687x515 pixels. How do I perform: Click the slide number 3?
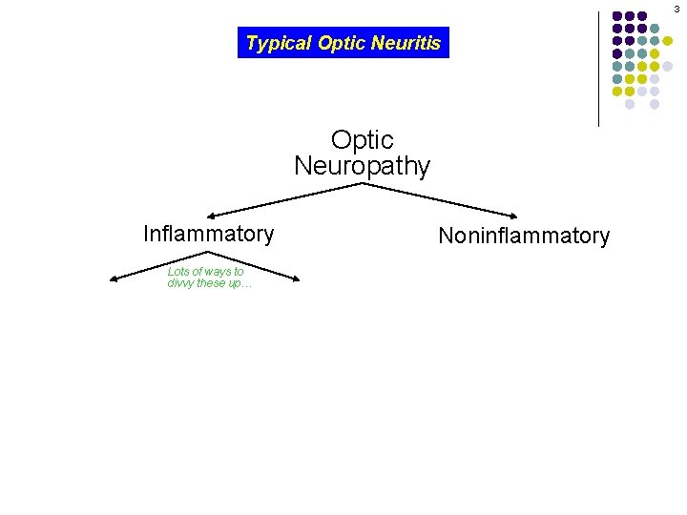(677, 8)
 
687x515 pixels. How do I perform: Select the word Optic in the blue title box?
(343, 43)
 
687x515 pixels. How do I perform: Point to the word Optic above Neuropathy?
(362, 140)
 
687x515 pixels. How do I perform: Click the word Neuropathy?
(362, 166)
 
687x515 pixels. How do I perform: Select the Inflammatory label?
(208, 234)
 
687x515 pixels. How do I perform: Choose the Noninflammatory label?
(523, 236)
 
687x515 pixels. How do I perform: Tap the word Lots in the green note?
(177, 272)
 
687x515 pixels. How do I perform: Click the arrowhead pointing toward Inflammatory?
(212, 216)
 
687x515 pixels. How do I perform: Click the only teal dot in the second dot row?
(655, 29)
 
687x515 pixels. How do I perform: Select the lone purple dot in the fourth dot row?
(617, 53)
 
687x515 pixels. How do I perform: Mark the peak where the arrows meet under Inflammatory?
(207, 252)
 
